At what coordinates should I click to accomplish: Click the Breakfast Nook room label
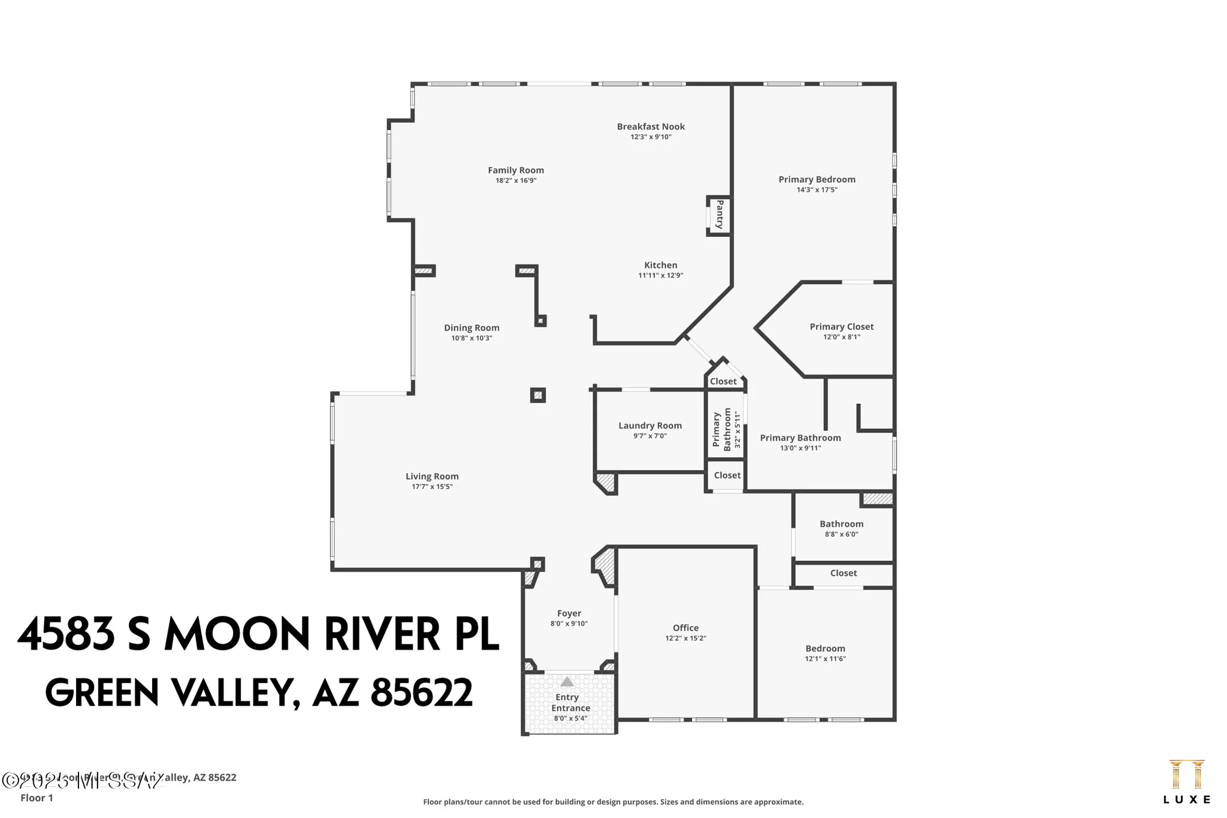[650, 126]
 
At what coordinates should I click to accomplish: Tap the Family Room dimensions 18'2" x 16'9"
[515, 180]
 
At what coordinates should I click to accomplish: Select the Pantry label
[720, 214]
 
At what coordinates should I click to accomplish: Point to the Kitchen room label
[660, 265]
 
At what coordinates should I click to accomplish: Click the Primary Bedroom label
[817, 179]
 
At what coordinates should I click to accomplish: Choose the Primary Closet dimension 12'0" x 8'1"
[841, 337]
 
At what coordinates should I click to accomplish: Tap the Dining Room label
[471, 328]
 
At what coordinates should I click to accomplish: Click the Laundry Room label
[650, 425]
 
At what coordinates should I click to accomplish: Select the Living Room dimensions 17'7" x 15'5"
[432, 487]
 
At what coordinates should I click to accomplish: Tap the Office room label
[685, 628]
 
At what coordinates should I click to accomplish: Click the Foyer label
[569, 613]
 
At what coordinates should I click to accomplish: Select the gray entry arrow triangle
[567, 682]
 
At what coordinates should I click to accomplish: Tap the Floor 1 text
[37, 798]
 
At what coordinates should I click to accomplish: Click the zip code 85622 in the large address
[421, 692]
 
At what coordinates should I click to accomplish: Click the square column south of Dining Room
[538, 395]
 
